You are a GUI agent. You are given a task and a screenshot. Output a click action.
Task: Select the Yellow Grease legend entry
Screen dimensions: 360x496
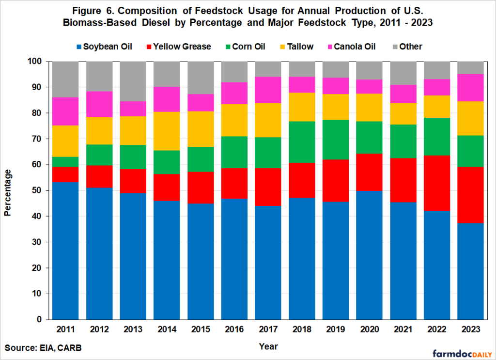[178, 47]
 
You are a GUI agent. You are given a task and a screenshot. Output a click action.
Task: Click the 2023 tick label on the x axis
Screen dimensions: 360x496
[469, 329]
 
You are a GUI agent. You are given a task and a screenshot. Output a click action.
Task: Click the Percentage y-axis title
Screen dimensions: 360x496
[8, 190]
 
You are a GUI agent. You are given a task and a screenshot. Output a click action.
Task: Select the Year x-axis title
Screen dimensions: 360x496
[267, 346]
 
